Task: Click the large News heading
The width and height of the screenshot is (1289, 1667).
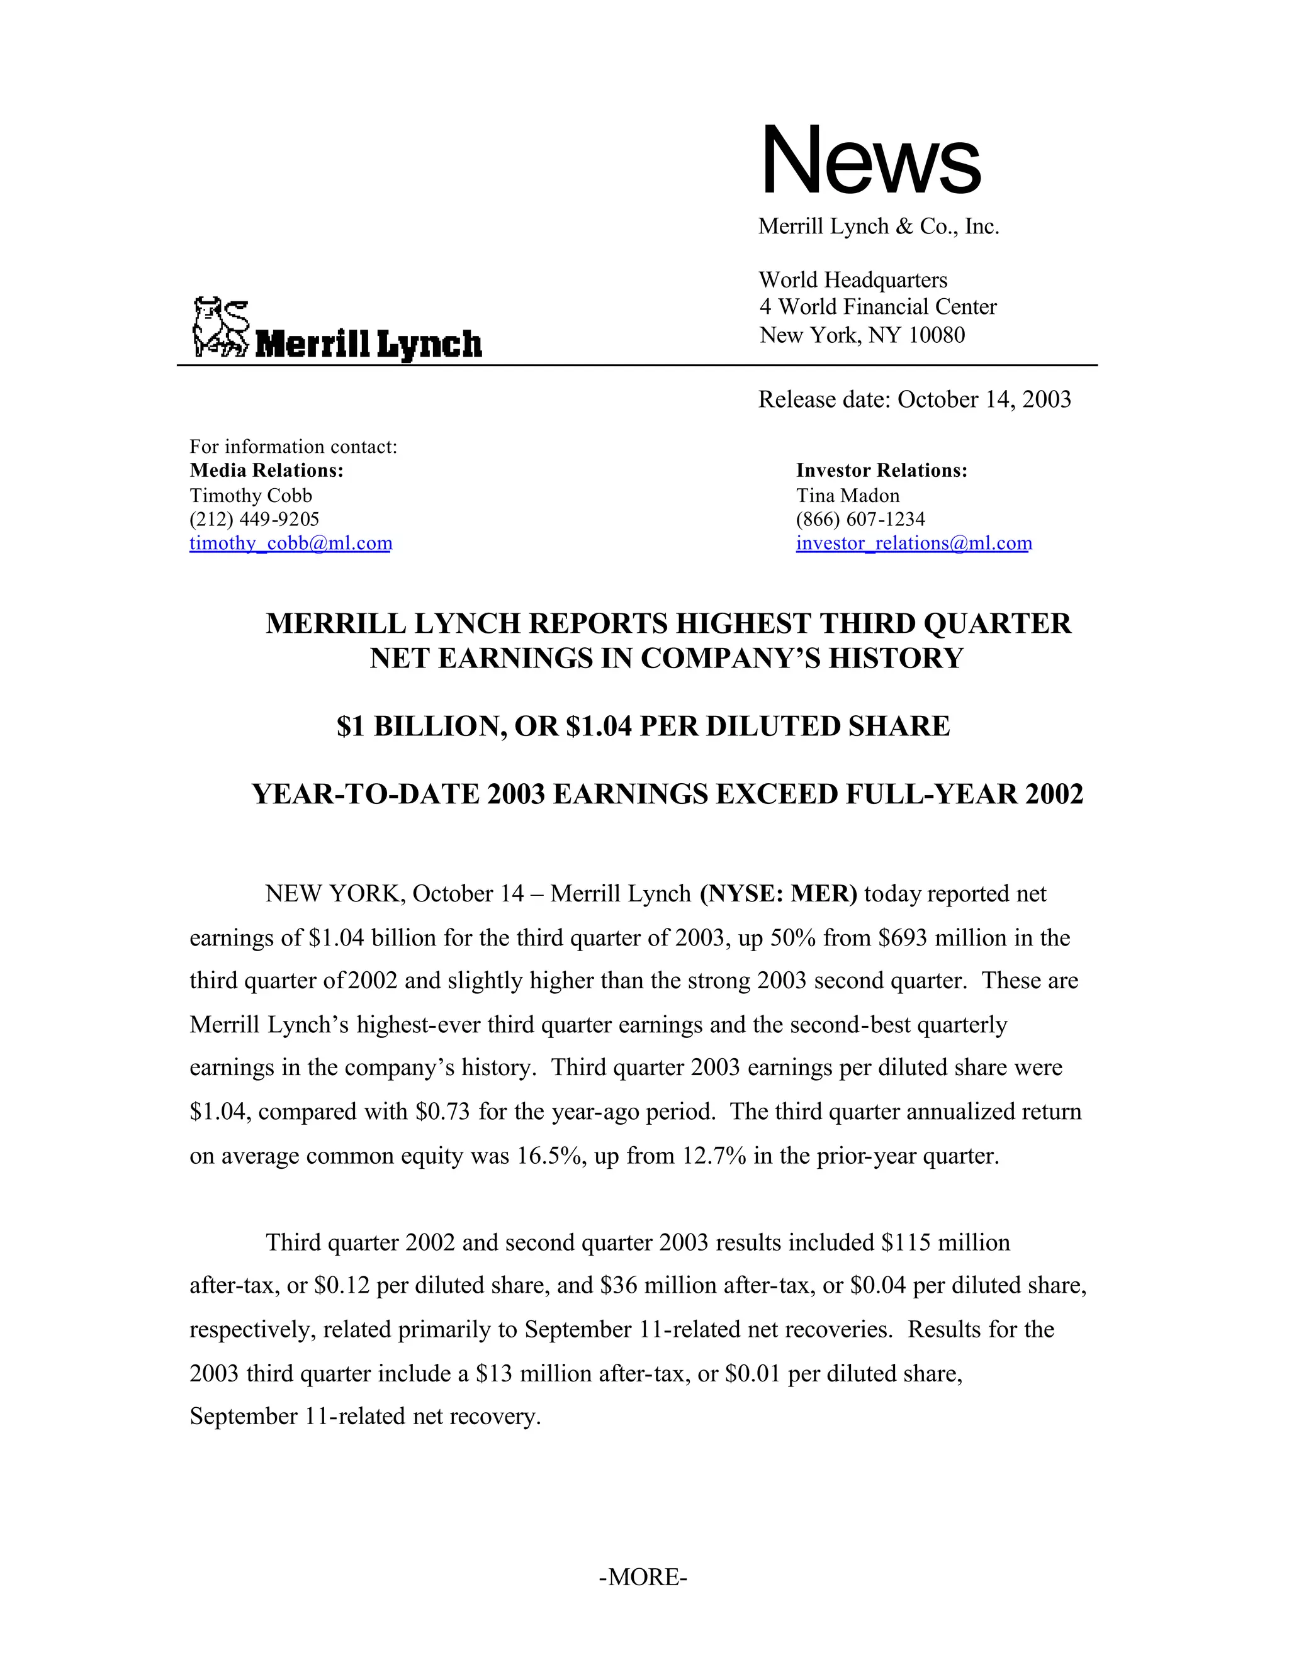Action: pyautogui.click(x=870, y=160)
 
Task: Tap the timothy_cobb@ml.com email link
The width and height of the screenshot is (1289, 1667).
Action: pyautogui.click(x=290, y=544)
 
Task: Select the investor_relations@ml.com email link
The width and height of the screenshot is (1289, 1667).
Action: pyautogui.click(x=913, y=544)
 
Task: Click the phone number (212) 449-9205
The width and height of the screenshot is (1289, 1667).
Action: pyautogui.click(x=254, y=519)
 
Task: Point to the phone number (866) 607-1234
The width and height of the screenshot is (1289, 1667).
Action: pyautogui.click(x=860, y=519)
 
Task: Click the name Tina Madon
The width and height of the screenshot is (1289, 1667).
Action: pyautogui.click(x=848, y=495)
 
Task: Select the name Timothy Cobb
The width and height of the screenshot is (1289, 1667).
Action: pyautogui.click(x=250, y=495)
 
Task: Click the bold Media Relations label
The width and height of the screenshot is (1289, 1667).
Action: pyautogui.click(x=266, y=471)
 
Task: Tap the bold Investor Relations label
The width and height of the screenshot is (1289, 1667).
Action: pyautogui.click(x=881, y=471)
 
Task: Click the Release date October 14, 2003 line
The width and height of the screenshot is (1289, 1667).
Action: pyautogui.click(x=914, y=399)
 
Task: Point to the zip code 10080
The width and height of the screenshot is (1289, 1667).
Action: pyautogui.click(x=937, y=335)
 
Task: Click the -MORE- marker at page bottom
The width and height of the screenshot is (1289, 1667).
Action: pyautogui.click(x=643, y=1577)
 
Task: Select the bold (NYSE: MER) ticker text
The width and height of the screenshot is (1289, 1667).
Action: pyautogui.click(x=778, y=893)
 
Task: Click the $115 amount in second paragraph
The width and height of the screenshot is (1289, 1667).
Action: pyautogui.click(x=905, y=1242)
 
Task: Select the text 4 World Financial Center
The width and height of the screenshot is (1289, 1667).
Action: pyautogui.click(x=877, y=307)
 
